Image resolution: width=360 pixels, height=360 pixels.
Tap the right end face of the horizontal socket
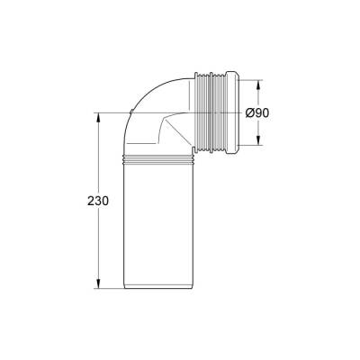tap(241, 112)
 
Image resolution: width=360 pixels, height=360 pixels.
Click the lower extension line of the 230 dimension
tap(108, 289)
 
